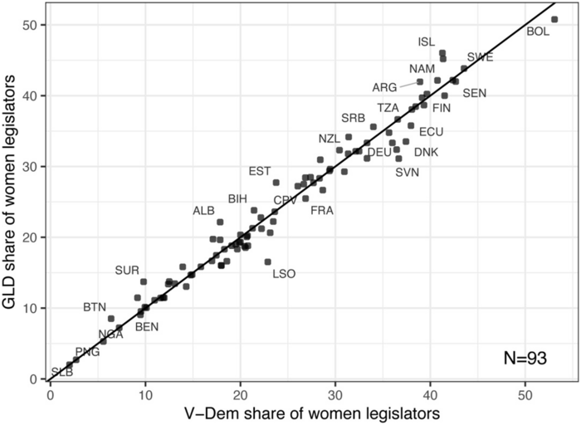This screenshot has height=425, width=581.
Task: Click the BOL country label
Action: [538, 32]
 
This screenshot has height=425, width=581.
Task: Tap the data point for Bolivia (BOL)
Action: [554, 18]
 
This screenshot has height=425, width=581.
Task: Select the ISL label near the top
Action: [427, 42]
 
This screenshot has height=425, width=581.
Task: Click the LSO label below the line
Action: [284, 273]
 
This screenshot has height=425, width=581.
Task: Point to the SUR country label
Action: [127, 270]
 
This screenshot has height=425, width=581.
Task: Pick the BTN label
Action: [95, 307]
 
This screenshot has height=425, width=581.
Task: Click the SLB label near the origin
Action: [62, 372]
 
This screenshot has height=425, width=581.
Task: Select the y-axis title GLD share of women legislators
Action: [14, 191]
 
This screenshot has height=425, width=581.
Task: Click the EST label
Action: [260, 171]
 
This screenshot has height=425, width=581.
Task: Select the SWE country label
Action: [480, 57]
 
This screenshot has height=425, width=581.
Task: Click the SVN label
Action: [407, 173]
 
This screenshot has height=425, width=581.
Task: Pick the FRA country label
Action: [322, 210]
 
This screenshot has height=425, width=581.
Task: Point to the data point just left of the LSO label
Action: [267, 261]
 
